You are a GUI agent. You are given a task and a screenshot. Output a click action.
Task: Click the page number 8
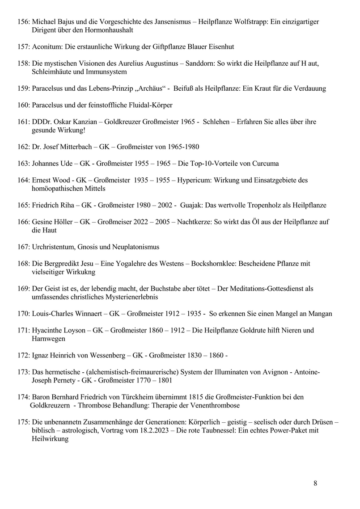316,483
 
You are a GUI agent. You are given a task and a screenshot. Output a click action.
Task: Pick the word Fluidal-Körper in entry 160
147,105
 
